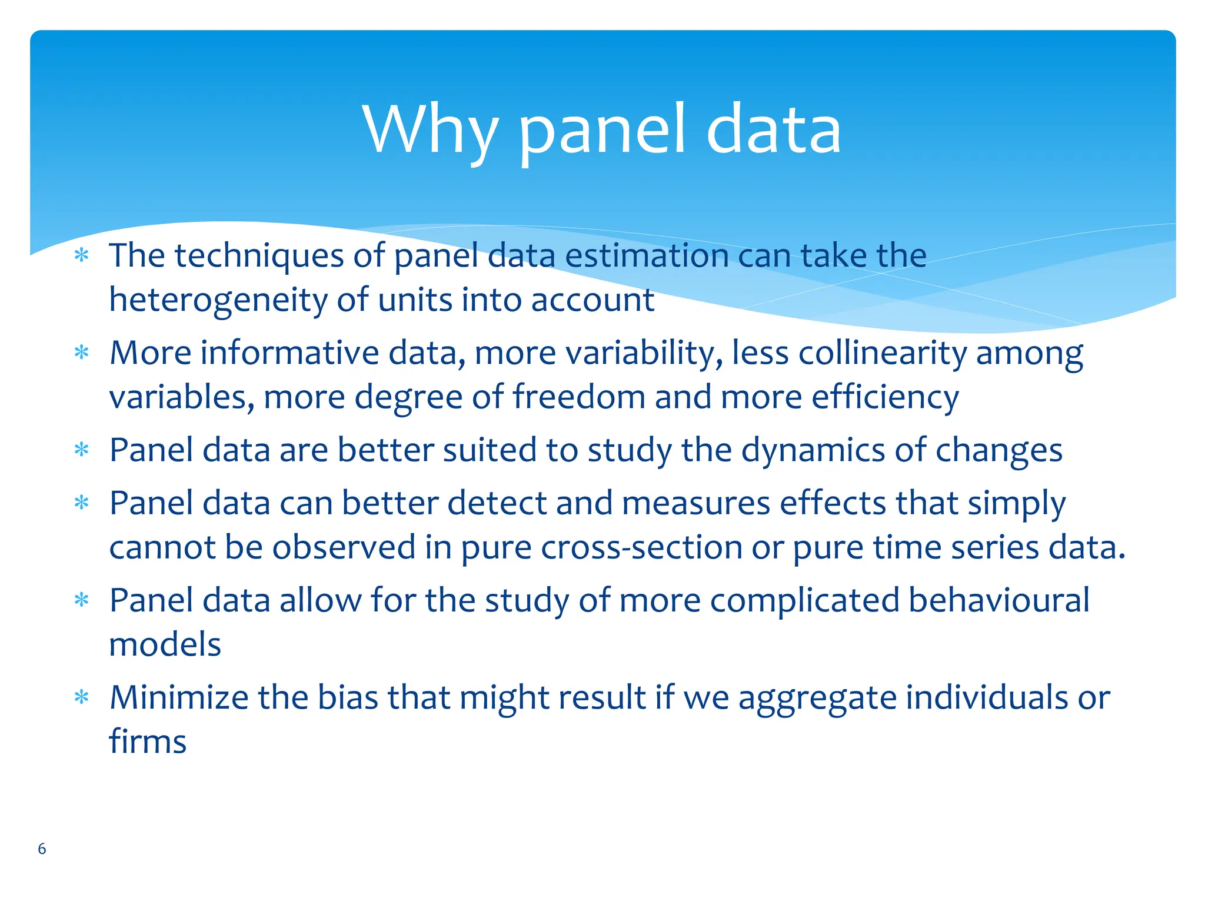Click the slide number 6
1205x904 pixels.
coord(42,849)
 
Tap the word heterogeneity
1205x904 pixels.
coord(218,300)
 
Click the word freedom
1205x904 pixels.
coord(579,397)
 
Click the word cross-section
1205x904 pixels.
coord(641,548)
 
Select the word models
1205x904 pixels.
coord(165,645)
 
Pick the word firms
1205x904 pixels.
coord(148,742)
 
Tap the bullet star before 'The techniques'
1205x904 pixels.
coord(82,257)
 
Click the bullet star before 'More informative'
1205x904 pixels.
coord(82,354)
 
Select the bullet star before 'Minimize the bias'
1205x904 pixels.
coord(82,698)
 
